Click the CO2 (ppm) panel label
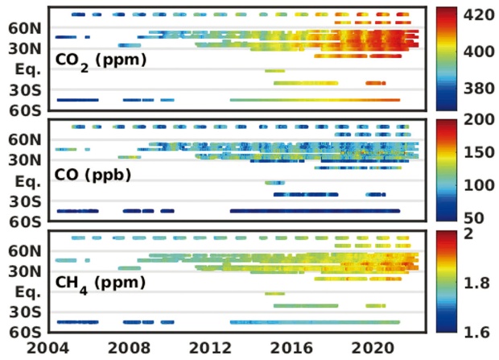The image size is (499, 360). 101,60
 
